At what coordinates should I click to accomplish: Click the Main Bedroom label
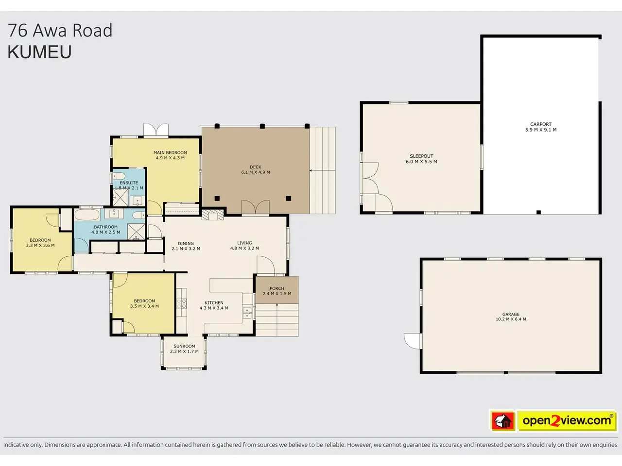coord(170,153)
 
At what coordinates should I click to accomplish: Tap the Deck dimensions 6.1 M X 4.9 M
coord(255,172)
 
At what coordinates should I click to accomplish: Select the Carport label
coord(541,124)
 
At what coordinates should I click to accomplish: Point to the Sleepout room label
coord(421,156)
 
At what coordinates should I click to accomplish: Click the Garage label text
coord(511,314)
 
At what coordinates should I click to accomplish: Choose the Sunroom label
coord(184,346)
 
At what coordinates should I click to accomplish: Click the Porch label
coord(277,288)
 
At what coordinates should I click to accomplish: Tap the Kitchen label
coord(214,303)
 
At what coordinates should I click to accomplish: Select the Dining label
coord(186,243)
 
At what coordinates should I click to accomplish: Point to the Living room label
coord(244,243)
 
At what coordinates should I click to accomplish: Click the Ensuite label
coord(129,183)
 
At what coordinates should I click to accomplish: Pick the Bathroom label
coord(106,227)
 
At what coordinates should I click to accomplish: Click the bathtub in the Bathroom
coord(87,215)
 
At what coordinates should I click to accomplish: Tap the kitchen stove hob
coord(182,303)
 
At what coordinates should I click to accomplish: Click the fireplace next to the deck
coord(213,215)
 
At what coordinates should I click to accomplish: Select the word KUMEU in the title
coord(39,52)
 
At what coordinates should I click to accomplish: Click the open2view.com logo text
coord(567,421)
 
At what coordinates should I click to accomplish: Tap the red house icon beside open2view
coord(502,421)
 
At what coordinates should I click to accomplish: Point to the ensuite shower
coord(121,198)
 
